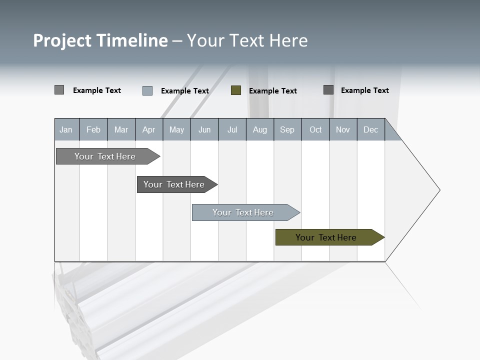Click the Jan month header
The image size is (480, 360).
[x=66, y=129]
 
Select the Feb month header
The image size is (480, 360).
[x=93, y=129]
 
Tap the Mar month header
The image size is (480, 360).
[x=121, y=129]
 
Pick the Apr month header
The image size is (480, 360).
[x=149, y=129]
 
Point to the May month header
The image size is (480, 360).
[x=176, y=129]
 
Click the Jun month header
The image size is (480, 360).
[x=204, y=129]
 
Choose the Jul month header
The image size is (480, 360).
[x=232, y=129]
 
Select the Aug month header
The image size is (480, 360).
[x=260, y=129]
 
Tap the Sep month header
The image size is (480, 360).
[x=287, y=129]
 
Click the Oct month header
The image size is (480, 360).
[x=315, y=129]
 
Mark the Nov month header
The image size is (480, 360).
[x=343, y=129]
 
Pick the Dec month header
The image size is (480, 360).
[x=371, y=129]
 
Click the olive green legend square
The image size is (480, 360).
[x=236, y=90]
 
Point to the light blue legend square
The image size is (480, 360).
[x=147, y=90]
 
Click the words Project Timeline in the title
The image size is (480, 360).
[x=100, y=40]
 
